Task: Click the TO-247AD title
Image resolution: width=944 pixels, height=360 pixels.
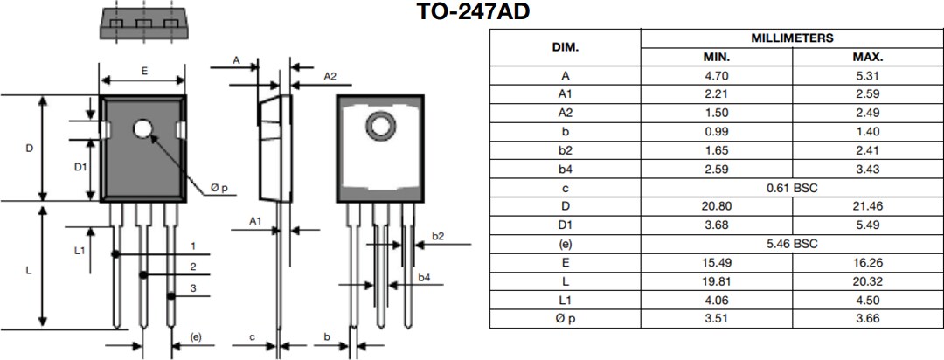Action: pos(473,12)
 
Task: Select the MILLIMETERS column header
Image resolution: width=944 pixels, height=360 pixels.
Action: pos(792,38)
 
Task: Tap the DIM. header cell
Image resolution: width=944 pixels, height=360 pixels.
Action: pos(565,47)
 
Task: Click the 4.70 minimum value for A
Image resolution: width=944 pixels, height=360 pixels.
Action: pos(717,75)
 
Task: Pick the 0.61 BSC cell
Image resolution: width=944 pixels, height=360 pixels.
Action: pos(792,187)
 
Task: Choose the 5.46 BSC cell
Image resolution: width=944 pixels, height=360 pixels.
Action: pos(792,244)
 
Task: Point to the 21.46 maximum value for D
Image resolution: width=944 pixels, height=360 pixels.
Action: pos(868,206)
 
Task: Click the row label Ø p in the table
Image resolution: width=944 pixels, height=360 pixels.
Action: pos(565,319)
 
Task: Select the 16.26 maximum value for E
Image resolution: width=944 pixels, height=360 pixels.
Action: pos(868,262)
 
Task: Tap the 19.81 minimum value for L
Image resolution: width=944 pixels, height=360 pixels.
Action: pos(717,281)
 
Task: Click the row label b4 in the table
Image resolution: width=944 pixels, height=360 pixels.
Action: pos(565,169)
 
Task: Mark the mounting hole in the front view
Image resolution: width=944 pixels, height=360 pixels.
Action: pos(142,129)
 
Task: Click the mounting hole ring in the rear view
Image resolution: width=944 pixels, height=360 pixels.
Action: pos(380,126)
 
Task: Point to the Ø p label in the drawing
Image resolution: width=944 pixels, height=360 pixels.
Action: pos(218,188)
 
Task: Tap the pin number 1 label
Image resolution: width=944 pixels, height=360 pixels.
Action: pos(192,246)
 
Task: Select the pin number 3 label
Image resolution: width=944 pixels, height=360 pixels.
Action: pos(192,288)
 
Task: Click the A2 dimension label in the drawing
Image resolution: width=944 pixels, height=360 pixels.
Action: pos(330,77)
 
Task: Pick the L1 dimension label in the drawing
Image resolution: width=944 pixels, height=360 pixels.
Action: pos(79,250)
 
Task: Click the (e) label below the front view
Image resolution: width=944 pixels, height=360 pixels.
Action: pos(196,336)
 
